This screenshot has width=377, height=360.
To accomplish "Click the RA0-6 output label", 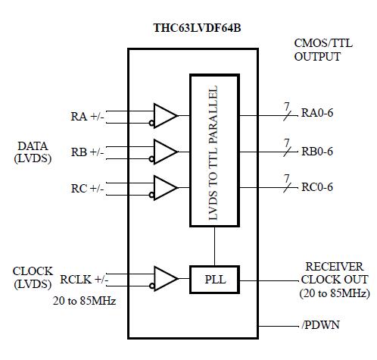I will (317, 115).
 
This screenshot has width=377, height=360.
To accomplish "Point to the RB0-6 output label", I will (317, 151).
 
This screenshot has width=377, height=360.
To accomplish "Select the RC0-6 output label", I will (317, 186).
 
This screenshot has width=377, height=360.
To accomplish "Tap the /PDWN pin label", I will (319, 326).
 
